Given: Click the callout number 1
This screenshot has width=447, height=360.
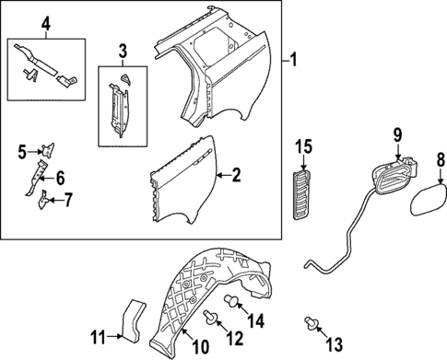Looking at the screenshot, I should [294, 62].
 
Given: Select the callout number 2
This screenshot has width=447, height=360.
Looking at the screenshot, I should [236, 174].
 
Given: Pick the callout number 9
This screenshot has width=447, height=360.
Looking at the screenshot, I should [397, 135].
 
